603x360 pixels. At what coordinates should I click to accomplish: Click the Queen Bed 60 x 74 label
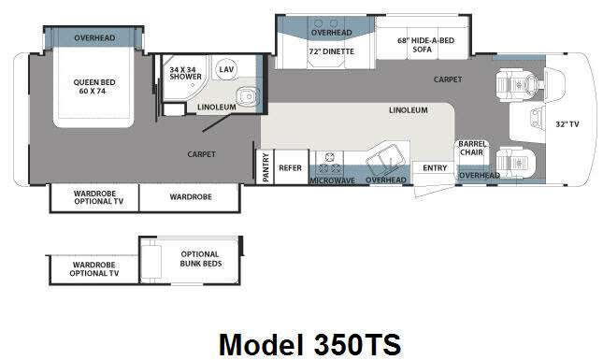(94, 87)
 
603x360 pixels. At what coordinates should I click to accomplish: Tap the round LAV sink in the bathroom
(225, 69)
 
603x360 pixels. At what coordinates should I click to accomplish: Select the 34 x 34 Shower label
(185, 73)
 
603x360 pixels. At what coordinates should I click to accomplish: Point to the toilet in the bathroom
(247, 96)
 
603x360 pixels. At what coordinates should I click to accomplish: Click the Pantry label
(266, 167)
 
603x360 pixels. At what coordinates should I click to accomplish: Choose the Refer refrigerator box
(291, 167)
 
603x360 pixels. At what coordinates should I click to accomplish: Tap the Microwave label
(332, 180)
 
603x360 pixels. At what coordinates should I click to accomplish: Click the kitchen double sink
(386, 159)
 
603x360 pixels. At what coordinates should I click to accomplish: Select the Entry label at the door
(435, 168)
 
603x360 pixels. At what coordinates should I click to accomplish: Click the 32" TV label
(567, 124)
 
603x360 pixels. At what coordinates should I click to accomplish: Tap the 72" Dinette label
(332, 51)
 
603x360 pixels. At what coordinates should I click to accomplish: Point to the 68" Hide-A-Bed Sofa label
(425, 45)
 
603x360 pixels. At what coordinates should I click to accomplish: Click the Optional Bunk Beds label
(200, 259)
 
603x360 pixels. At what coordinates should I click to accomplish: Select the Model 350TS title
(310, 344)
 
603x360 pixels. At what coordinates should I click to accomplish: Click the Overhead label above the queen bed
(94, 37)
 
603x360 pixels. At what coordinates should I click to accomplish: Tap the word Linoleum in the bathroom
(217, 107)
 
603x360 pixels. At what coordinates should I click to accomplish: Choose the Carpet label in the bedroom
(202, 154)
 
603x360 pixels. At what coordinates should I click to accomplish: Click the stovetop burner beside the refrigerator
(330, 157)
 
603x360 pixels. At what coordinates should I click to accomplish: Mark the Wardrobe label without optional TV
(191, 197)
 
